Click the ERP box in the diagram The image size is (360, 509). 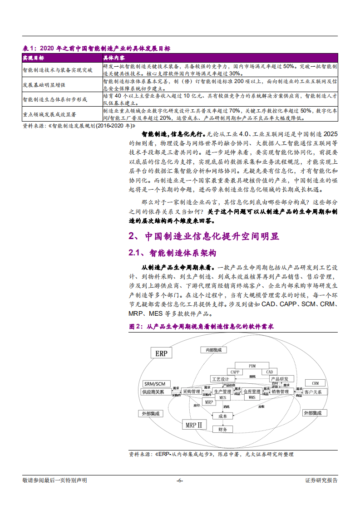click(161, 353)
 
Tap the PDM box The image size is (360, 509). click(252, 366)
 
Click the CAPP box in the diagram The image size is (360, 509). click(235, 372)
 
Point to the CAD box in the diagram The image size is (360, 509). click(269, 372)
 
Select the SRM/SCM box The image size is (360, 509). click(154, 384)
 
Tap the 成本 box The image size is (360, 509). click(222, 416)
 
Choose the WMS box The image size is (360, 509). click(252, 397)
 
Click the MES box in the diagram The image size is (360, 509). click(222, 397)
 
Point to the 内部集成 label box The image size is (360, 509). click(213, 350)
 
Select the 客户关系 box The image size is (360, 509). click(313, 392)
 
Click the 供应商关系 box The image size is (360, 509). click(153, 392)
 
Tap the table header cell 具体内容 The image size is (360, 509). click(114, 58)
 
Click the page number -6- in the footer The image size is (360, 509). click(180, 480)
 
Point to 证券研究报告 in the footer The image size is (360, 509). click(321, 480)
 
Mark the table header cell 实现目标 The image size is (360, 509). click(33, 58)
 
